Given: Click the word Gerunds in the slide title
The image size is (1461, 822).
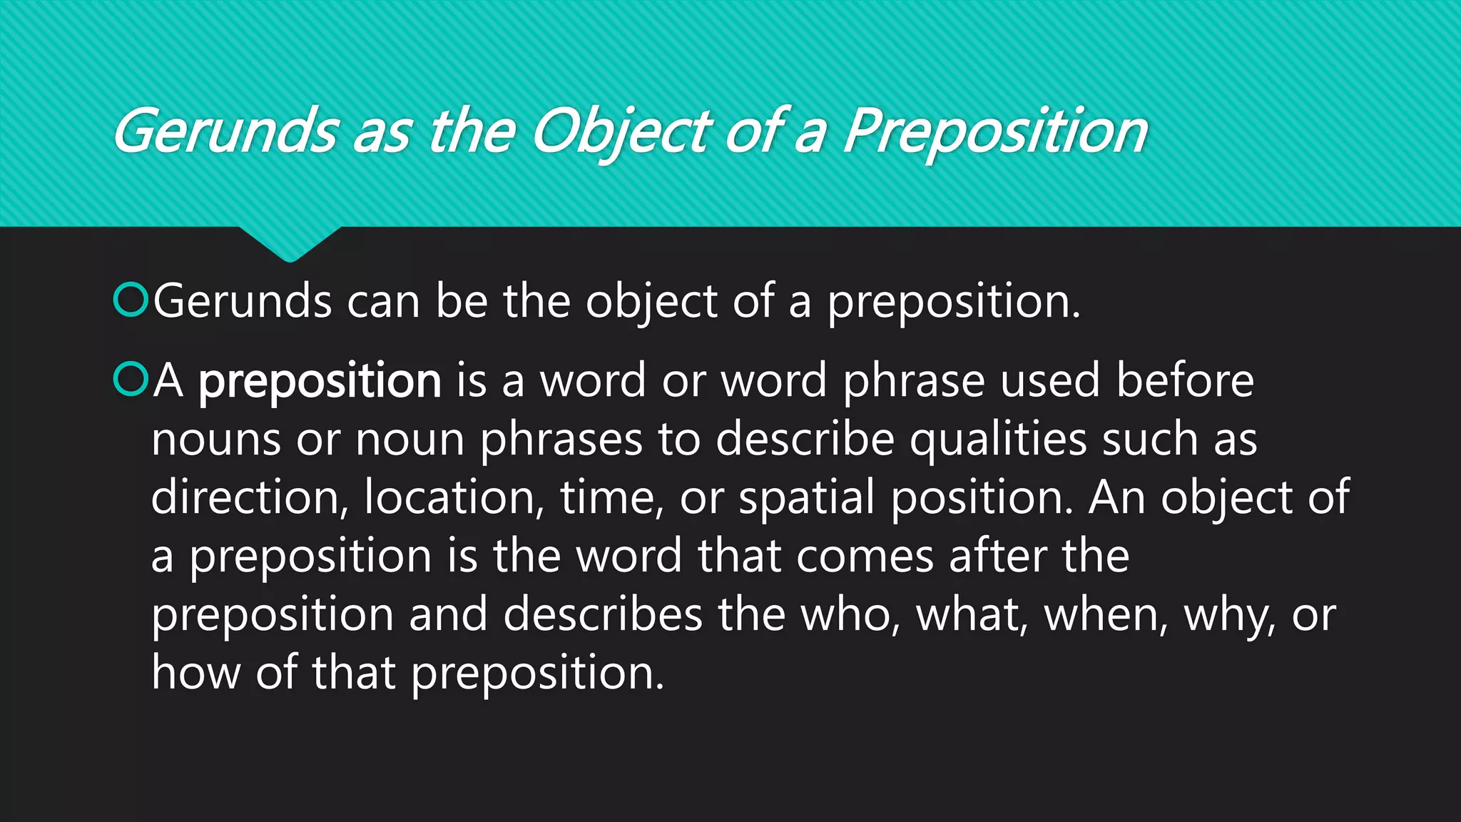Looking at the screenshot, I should [x=225, y=132].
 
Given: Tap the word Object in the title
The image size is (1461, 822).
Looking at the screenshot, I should [x=621, y=132].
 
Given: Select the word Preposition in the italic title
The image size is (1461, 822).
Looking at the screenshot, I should [x=995, y=132].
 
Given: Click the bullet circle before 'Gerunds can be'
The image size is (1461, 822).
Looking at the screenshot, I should [x=130, y=300].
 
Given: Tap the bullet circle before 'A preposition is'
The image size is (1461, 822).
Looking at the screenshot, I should [x=130, y=380].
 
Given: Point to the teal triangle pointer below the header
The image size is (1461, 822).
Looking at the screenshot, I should [x=290, y=243].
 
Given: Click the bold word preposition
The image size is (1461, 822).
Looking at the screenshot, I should [x=320, y=382].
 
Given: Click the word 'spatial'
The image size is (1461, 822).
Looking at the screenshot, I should [x=806, y=499].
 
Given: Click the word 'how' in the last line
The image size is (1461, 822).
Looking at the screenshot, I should [x=195, y=673].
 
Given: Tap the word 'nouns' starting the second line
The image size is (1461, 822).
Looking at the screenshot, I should [x=215, y=440].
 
